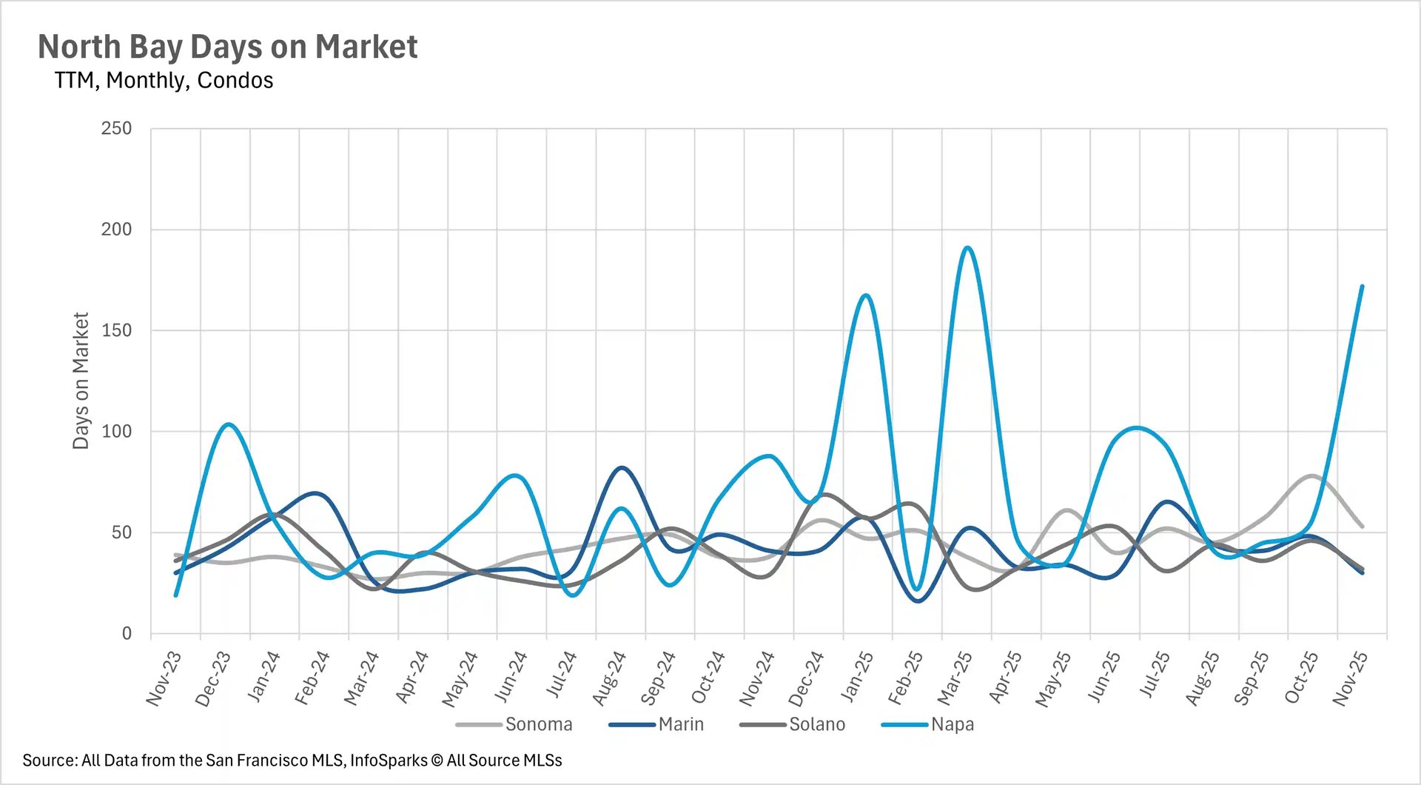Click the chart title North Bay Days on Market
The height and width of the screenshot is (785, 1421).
(227, 47)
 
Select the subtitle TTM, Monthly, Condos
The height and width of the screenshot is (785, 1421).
(164, 80)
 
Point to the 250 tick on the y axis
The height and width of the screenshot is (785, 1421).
(116, 128)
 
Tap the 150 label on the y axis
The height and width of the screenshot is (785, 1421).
(116, 330)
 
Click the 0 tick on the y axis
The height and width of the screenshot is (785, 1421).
(127, 633)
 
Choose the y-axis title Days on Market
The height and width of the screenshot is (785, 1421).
(81, 381)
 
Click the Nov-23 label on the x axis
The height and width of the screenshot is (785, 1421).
(164, 678)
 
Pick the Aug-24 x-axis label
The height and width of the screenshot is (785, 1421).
(609, 678)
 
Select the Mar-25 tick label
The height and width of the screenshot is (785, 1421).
(955, 678)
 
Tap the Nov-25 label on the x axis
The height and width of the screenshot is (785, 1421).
(1350, 678)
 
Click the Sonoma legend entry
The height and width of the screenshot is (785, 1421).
(538, 724)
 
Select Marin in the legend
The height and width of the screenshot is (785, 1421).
(681, 724)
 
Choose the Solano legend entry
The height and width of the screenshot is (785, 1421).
(817, 724)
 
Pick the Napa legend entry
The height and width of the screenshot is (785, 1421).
(953, 724)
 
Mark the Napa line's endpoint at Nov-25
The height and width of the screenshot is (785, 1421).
(1362, 287)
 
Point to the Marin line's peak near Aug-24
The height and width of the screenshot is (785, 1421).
(622, 468)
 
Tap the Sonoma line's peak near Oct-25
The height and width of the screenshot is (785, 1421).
(1311, 476)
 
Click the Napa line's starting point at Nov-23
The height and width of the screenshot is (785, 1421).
(175, 595)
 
